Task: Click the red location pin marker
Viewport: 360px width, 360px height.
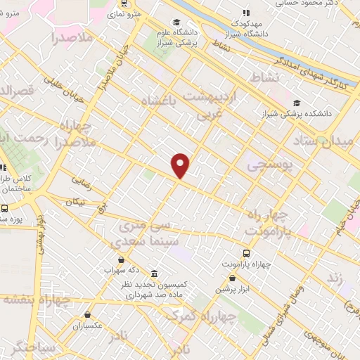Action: [x=181, y=165]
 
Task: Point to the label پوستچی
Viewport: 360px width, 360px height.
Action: [x=266, y=165]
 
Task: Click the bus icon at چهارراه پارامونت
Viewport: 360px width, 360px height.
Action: [x=247, y=253]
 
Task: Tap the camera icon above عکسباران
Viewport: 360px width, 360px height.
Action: [x=87, y=316]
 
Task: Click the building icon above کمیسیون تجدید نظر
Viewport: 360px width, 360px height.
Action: [x=153, y=274]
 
